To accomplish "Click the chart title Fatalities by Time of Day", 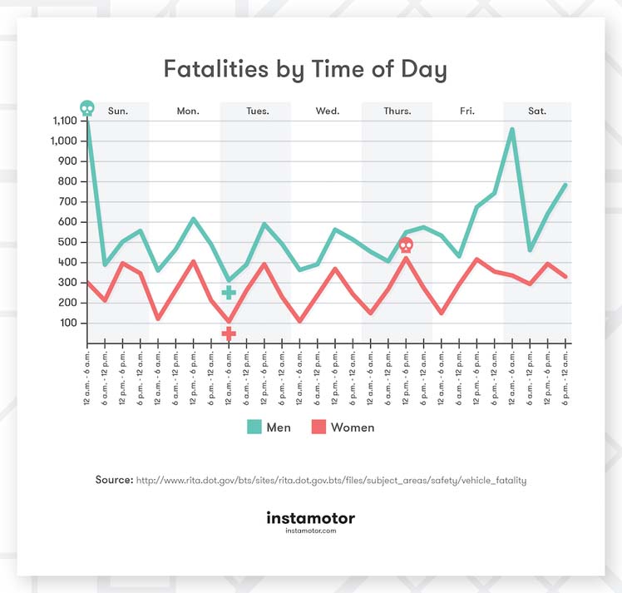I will click(x=305, y=69).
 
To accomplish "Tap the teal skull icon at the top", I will click(x=86, y=108).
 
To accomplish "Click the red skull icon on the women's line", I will click(x=406, y=245).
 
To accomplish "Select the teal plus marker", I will click(x=229, y=292).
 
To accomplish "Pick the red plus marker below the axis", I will click(x=229, y=333).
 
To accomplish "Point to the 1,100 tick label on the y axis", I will click(x=63, y=121).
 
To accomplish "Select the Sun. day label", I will click(x=118, y=111).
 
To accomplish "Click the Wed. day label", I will click(x=328, y=111).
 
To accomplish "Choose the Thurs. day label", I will click(x=397, y=111).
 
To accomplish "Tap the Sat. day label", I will click(x=537, y=111).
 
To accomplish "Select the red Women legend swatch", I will click(x=317, y=427).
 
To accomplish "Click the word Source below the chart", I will click(x=114, y=480).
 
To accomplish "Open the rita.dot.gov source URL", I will click(x=331, y=480).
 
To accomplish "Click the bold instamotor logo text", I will click(x=310, y=518).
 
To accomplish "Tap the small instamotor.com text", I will click(x=310, y=531).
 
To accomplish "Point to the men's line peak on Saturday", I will click(x=512, y=129).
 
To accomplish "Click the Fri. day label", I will click(x=467, y=111).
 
